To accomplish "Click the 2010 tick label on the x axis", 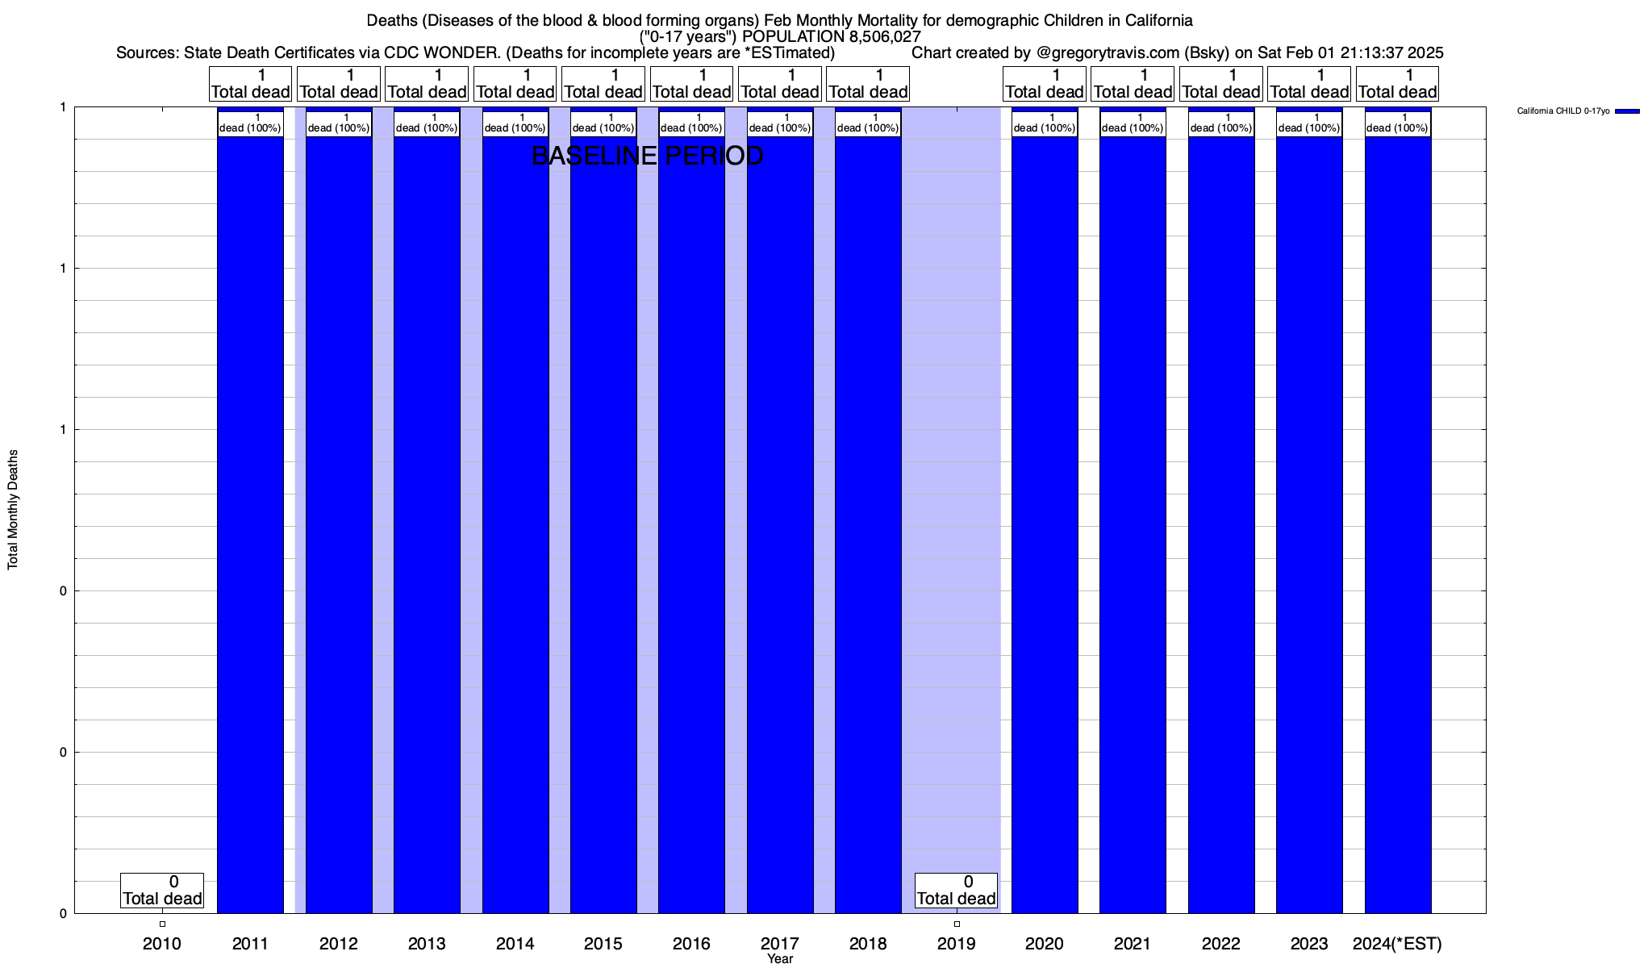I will coord(162,943).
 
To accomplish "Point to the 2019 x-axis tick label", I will coord(957,943).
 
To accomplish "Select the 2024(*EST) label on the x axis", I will coord(1397,943).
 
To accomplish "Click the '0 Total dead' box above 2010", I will coord(162,891).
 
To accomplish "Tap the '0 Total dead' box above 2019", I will coord(957,891).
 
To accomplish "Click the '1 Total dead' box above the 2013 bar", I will coord(427,84).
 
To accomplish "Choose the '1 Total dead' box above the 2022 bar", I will coord(1221,84).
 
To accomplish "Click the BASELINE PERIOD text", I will coord(648,156).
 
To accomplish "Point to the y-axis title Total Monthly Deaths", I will coord(13,510).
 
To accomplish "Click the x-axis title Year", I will coord(780,959).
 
